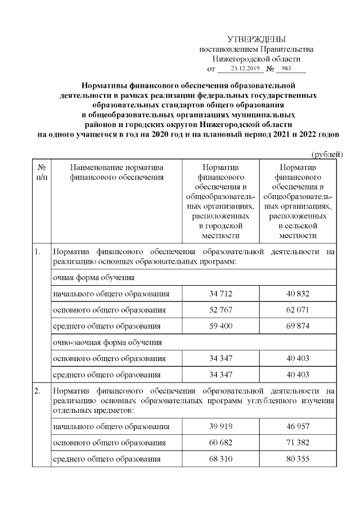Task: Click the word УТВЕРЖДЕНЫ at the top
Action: (x=256, y=39)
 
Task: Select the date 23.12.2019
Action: (x=238, y=69)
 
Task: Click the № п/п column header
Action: (x=40, y=173)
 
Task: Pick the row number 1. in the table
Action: (x=38, y=251)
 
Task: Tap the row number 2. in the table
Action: (x=38, y=391)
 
